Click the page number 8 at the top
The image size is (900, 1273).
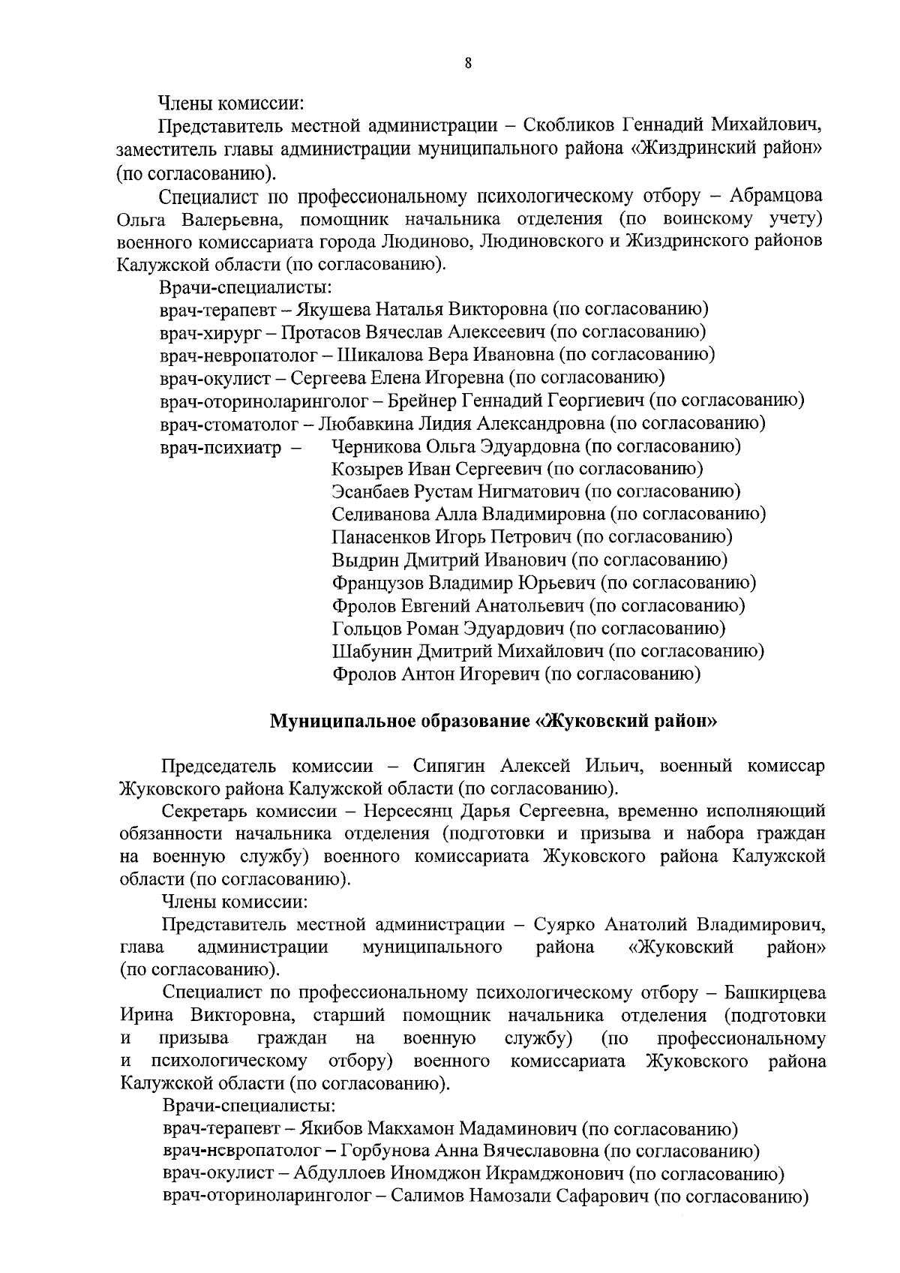coord(468,64)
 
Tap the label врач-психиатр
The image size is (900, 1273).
coord(220,448)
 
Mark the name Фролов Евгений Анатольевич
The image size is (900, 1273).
coord(457,605)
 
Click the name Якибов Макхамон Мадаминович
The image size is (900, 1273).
coord(439,1128)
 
